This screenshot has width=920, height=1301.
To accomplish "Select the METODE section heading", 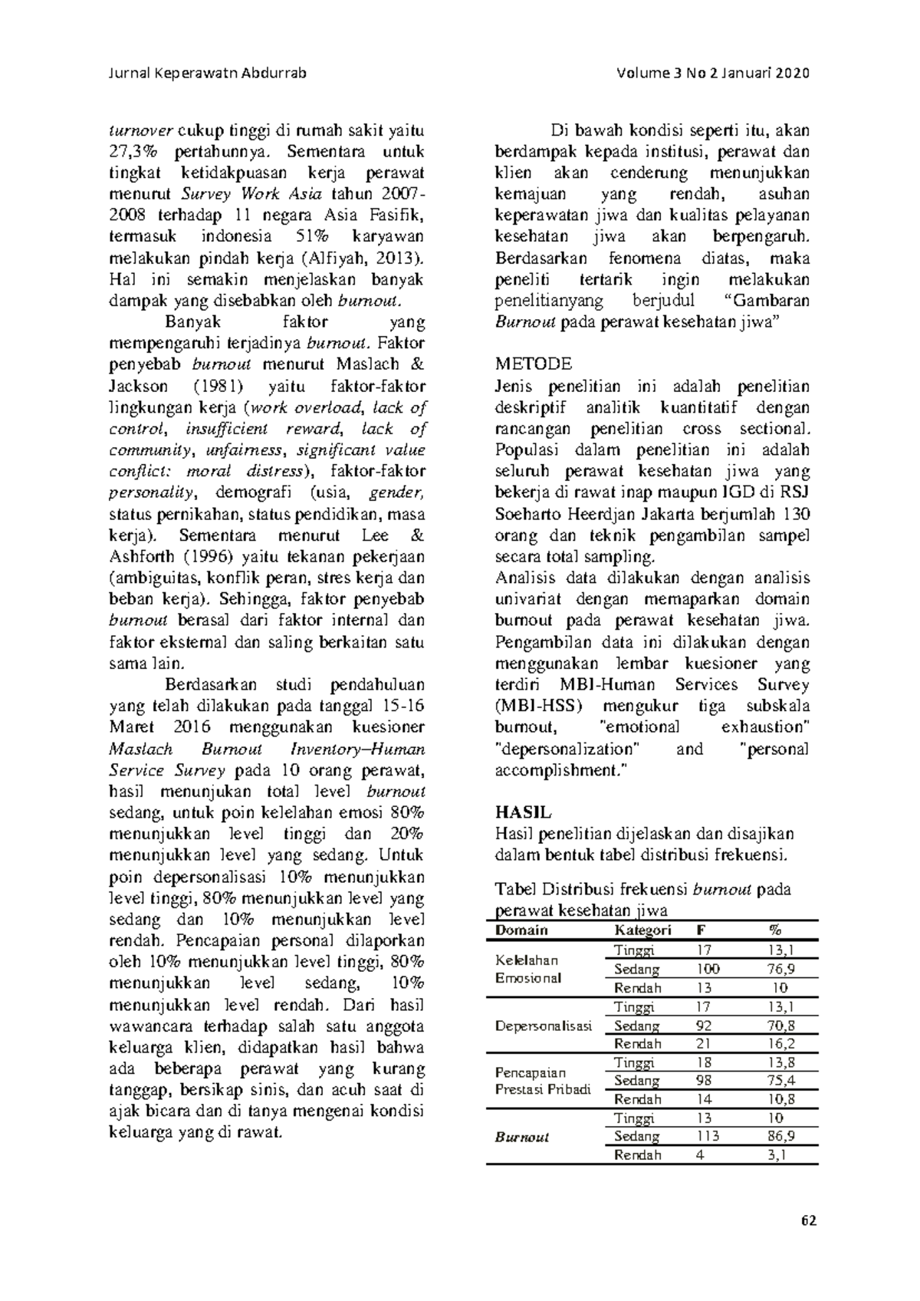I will [534, 363].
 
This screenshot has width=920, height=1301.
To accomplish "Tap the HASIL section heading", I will [524, 812].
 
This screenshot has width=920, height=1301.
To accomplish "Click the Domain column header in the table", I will [521, 930].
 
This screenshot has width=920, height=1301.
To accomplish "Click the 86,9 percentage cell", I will [781, 1136].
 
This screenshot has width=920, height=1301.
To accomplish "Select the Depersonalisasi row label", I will [544, 1026].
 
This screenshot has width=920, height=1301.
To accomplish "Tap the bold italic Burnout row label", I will [522, 1137].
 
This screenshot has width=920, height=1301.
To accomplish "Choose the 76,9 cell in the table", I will [781, 969].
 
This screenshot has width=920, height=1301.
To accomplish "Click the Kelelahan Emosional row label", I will [528, 969].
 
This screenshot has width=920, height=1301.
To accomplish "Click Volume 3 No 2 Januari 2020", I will [712, 74].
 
